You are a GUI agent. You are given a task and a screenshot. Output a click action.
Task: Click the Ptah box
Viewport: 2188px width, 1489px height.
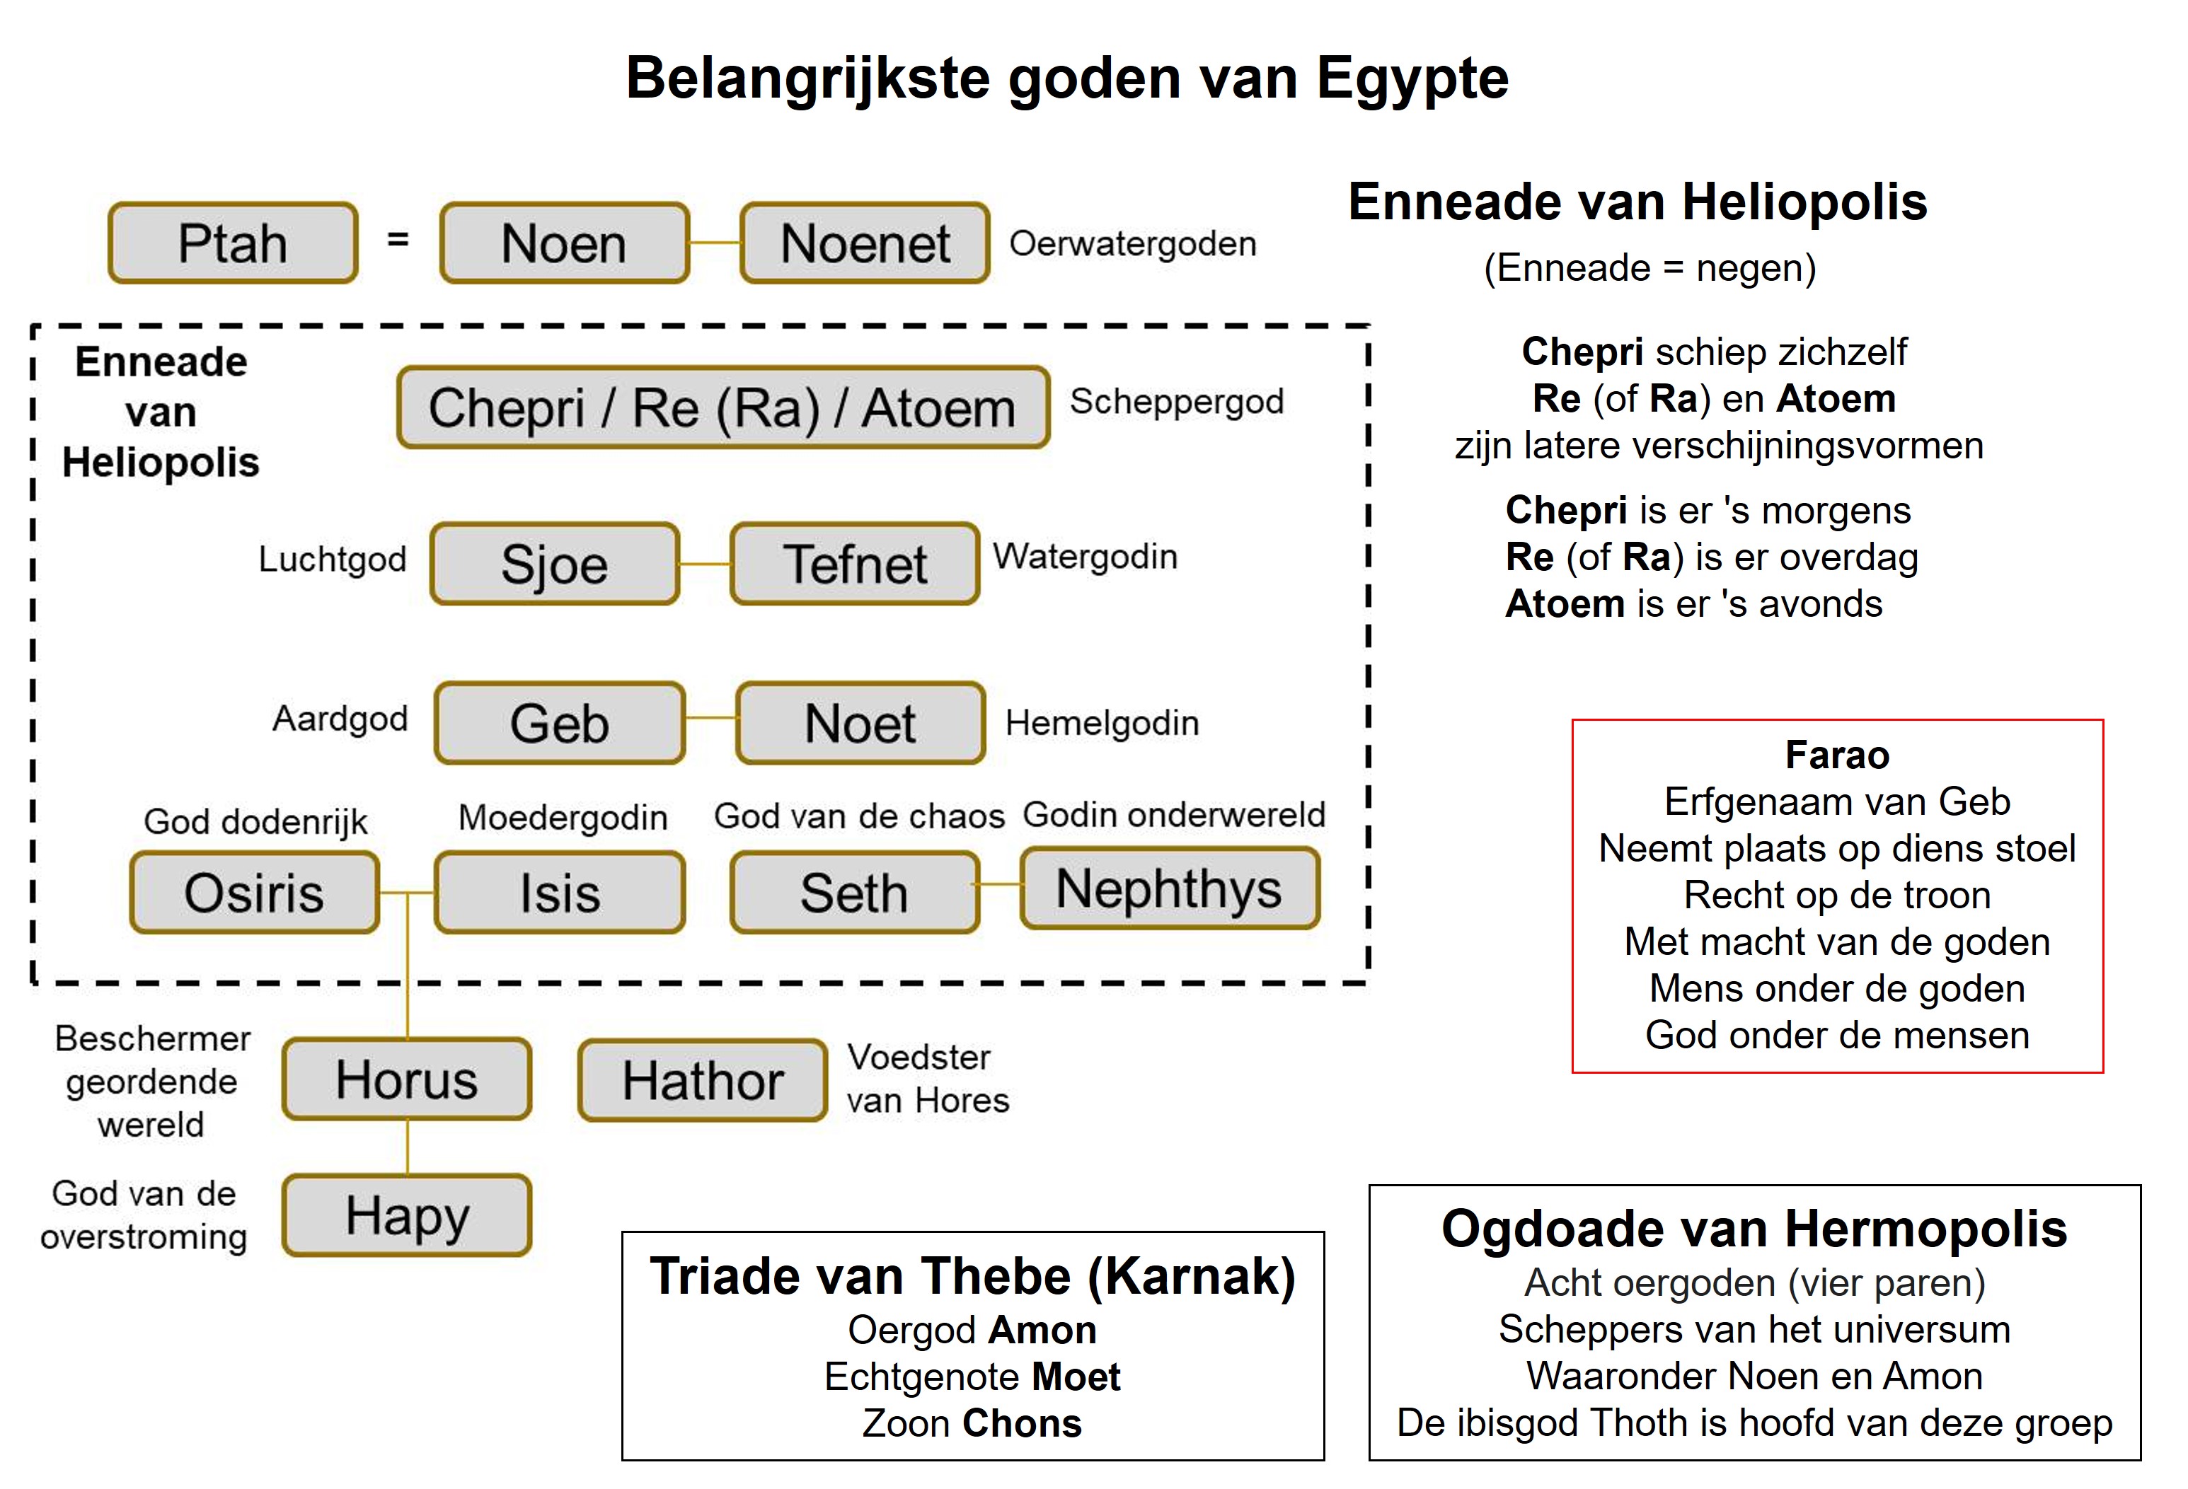[x=234, y=243]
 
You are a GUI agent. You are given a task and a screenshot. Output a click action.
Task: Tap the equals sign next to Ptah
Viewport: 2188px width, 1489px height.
[x=398, y=240]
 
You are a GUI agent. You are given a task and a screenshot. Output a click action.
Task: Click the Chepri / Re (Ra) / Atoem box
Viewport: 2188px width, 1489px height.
[x=723, y=407]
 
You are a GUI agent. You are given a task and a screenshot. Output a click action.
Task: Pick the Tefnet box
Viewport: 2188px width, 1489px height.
[x=855, y=564]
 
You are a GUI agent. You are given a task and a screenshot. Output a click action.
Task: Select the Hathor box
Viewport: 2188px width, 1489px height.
[x=703, y=1079]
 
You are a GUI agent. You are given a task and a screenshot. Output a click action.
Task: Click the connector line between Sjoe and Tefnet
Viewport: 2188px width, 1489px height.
[x=706, y=564]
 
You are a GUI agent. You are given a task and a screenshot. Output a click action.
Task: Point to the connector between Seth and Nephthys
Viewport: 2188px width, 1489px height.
[x=1001, y=885]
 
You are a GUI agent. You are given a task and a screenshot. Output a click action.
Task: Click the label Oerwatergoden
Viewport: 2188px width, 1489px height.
[x=1133, y=244]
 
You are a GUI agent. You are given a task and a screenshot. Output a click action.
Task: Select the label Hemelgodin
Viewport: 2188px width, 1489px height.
[x=1102, y=723]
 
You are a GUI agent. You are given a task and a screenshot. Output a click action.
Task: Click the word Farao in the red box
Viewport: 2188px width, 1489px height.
[x=1837, y=755]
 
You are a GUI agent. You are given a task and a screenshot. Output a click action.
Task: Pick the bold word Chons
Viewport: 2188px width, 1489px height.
[x=1023, y=1423]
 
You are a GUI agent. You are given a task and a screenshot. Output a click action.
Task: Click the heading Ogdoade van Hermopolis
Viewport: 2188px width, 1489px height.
[x=1754, y=1228]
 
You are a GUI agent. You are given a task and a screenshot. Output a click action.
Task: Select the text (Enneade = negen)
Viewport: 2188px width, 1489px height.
[x=1650, y=268]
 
